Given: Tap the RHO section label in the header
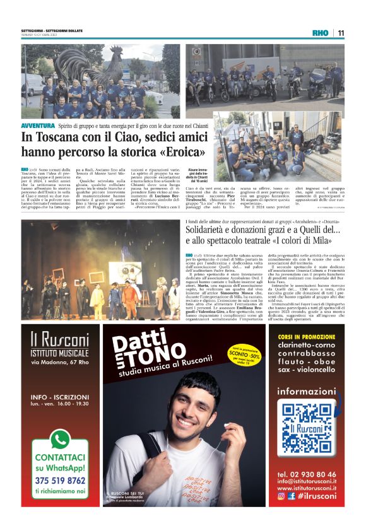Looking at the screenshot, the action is coord(321,33).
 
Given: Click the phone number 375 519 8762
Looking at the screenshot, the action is coord(61,479).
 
